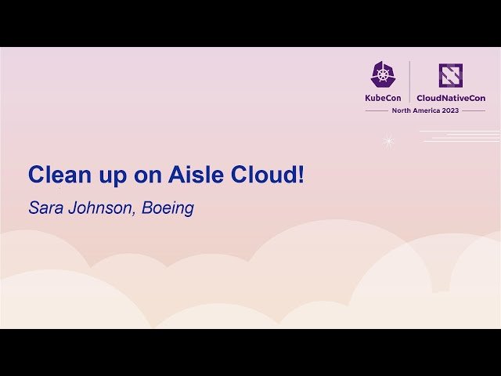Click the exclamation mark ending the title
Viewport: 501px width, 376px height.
pyautogui.click(x=301, y=175)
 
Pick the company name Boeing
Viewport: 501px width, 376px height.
pyautogui.click(x=168, y=209)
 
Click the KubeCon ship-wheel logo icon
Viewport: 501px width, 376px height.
pyautogui.click(x=383, y=74)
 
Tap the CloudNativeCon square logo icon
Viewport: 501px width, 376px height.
pyautogui.click(x=450, y=75)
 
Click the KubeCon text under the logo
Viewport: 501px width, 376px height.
pyautogui.click(x=383, y=98)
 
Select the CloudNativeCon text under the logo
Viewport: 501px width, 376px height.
pyautogui.click(x=450, y=98)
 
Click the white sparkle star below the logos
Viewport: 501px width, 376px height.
pyautogui.click(x=387, y=142)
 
